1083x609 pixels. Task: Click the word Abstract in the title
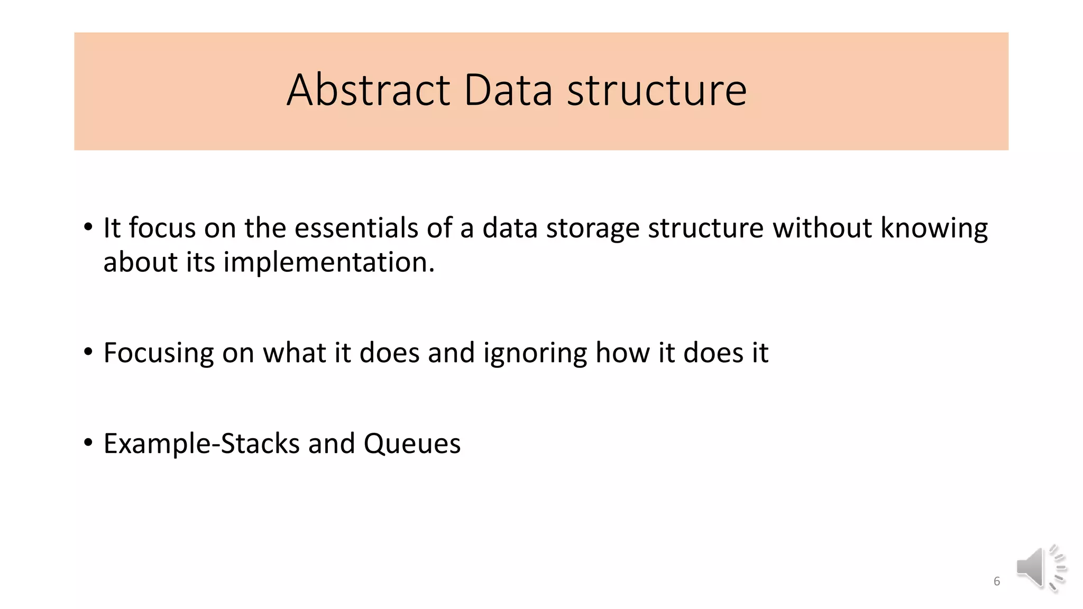pyautogui.click(x=368, y=90)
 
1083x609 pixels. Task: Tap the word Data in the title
pyautogui.click(x=508, y=90)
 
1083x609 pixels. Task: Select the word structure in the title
pyautogui.click(x=657, y=90)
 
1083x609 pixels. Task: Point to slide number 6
pyautogui.click(x=997, y=582)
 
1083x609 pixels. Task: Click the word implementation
pyautogui.click(x=328, y=263)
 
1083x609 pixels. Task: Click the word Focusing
pyautogui.click(x=158, y=353)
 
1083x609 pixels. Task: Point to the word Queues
pyautogui.click(x=412, y=444)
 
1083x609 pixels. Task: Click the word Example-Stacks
pyautogui.click(x=201, y=444)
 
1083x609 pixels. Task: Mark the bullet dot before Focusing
pyautogui.click(x=88, y=351)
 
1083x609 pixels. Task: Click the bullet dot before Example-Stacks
pyautogui.click(x=88, y=442)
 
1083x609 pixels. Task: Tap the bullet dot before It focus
pyautogui.click(x=88, y=227)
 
